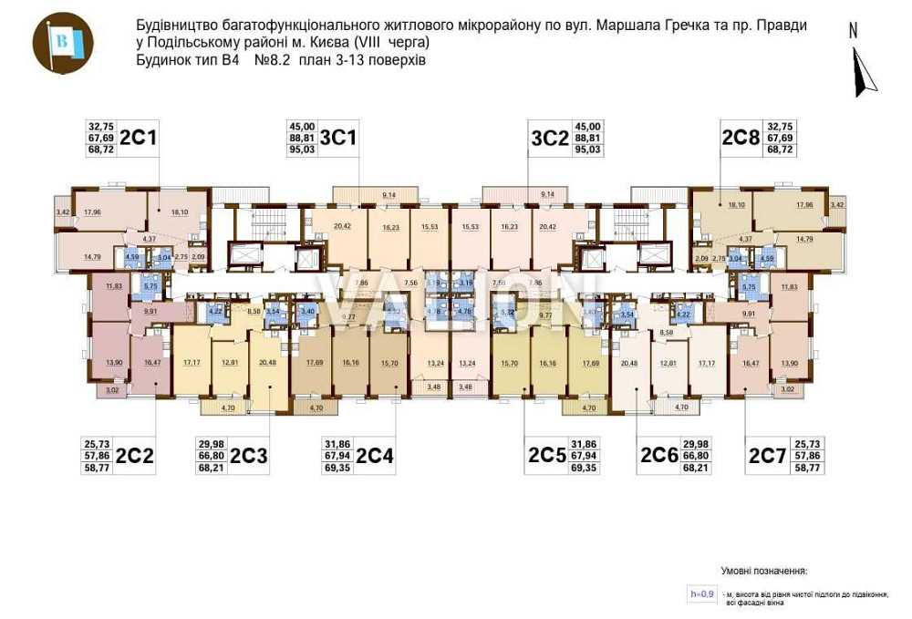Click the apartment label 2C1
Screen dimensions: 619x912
140,138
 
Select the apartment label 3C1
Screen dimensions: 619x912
338,138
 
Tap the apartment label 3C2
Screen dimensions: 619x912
550,138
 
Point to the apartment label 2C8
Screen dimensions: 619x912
741,138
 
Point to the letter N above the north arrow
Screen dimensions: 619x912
854,30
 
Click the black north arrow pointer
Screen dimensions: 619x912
863,73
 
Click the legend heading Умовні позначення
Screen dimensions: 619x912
764,571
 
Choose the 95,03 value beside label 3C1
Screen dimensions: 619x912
302,150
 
